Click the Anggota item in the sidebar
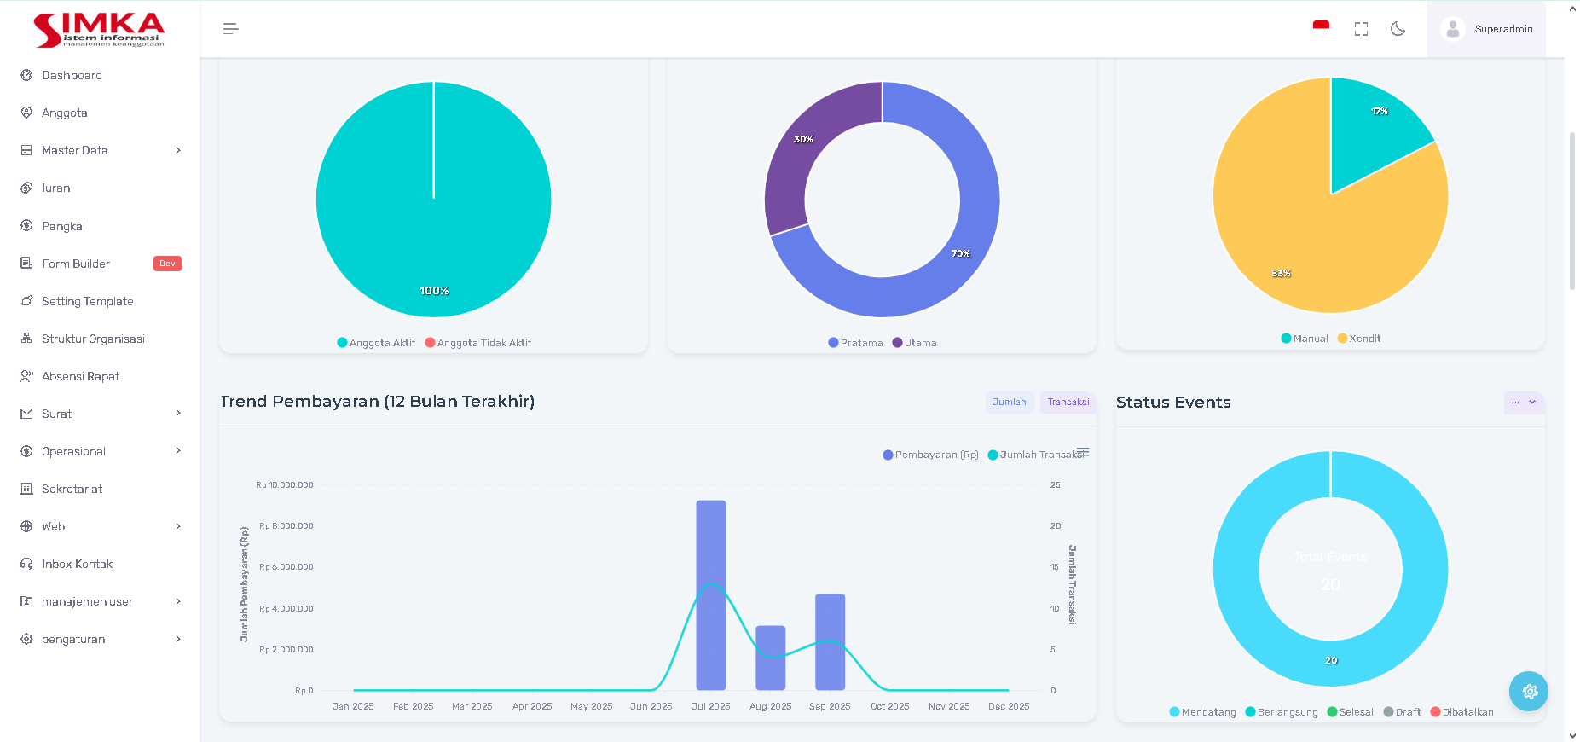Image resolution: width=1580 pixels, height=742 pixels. pyautogui.click(x=65, y=113)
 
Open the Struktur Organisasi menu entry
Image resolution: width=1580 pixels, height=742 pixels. pyautogui.click(x=93, y=339)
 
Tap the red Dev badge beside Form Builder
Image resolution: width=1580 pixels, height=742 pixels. pyautogui.click(x=167, y=264)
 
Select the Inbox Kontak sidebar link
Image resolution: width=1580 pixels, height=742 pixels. pyautogui.click(x=77, y=564)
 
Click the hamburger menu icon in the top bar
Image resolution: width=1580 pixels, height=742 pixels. pyautogui.click(x=231, y=29)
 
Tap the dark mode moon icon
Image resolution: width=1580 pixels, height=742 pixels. pyautogui.click(x=1398, y=29)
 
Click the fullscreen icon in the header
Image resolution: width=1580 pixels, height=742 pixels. pyautogui.click(x=1361, y=29)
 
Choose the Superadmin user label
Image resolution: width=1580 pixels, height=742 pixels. pyautogui.click(x=1503, y=29)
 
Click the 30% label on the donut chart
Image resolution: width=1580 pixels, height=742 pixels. pyautogui.click(x=803, y=139)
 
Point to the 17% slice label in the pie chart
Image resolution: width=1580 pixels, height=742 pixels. pyautogui.click(x=1379, y=112)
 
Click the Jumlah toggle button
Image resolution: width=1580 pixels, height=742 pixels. pyautogui.click(x=1010, y=403)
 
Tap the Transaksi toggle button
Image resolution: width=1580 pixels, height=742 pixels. pyautogui.click(x=1068, y=403)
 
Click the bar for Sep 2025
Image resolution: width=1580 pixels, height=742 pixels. pyautogui.click(x=830, y=641)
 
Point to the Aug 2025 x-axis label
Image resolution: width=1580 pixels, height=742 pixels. pyautogui.click(x=770, y=706)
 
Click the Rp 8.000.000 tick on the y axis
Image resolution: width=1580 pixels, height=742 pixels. pyautogui.click(x=286, y=526)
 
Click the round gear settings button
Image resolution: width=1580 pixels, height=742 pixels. pyautogui.click(x=1529, y=692)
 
